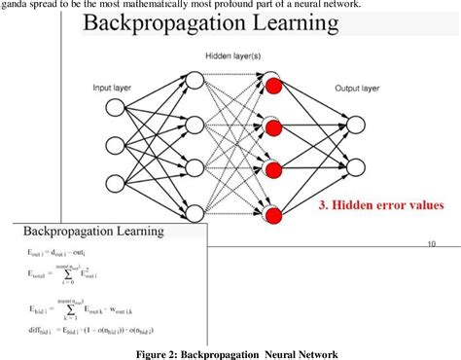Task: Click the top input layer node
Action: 114,124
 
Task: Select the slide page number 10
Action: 430,244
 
